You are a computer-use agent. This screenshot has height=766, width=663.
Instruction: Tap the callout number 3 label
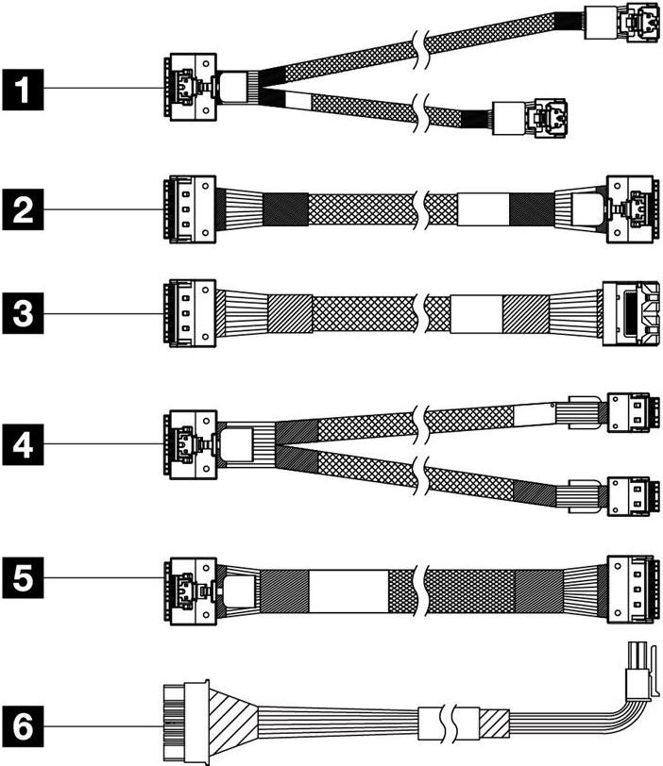pos(27,310)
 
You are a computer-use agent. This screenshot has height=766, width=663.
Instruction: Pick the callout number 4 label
pos(27,443)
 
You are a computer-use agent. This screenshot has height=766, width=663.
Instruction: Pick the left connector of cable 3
pos(188,310)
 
